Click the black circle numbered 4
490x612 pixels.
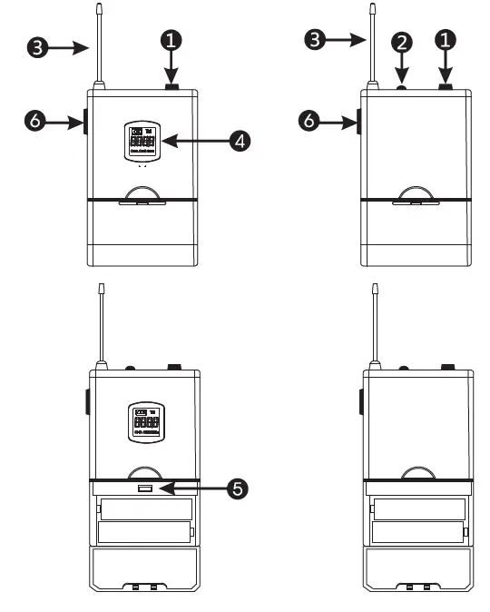click(x=240, y=141)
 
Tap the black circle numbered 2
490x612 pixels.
click(x=402, y=41)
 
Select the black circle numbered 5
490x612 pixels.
click(x=239, y=489)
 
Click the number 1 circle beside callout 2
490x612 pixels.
click(x=446, y=41)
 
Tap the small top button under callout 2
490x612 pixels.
click(x=402, y=86)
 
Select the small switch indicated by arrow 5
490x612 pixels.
click(x=145, y=489)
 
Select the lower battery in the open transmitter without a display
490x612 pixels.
click(x=416, y=532)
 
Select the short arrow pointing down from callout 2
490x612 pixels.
click(x=402, y=68)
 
